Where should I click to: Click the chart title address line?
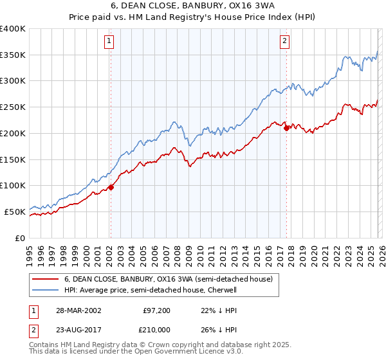coord(192,6)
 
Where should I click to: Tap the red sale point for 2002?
coord(111,187)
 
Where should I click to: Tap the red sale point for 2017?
coord(286,128)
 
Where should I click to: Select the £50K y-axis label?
coord(15,212)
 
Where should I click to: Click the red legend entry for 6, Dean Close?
coord(169,279)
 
